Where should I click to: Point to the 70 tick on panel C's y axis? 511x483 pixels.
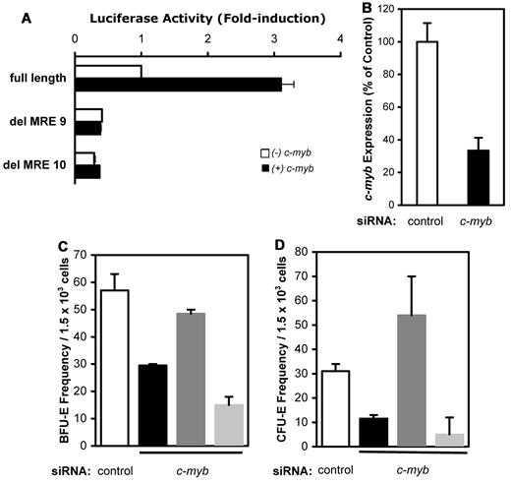(78, 253)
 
